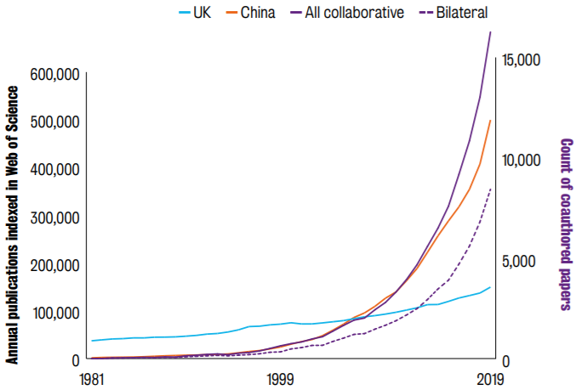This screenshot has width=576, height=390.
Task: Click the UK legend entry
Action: [x=195, y=13]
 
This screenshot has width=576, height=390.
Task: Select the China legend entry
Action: [x=250, y=13]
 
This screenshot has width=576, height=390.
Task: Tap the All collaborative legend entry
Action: [x=347, y=13]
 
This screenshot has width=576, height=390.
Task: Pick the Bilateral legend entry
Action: [x=453, y=13]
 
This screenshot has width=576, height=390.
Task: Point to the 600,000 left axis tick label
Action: [x=54, y=75]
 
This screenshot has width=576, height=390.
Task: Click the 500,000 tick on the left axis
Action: [x=54, y=122]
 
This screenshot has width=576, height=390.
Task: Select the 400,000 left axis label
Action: [x=54, y=170]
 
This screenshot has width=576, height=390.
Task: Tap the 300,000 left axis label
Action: [x=54, y=218]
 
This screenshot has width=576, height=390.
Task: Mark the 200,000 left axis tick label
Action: [x=54, y=265]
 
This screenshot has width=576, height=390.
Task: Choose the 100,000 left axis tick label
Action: [x=56, y=313]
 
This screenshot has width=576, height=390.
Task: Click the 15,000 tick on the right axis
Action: [x=522, y=60]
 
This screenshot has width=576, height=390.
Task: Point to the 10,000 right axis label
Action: [x=522, y=161]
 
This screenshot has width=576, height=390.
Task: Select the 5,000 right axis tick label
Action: [x=519, y=261]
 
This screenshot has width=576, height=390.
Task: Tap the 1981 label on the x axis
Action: [x=92, y=379]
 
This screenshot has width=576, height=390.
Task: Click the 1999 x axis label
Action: [x=281, y=379]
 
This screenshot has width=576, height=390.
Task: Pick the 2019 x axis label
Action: [x=490, y=379]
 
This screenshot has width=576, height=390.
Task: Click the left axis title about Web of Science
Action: [x=12, y=225]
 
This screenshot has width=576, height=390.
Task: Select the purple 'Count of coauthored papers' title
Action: [x=566, y=224]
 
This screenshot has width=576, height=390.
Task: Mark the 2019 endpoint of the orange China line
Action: [x=490, y=120]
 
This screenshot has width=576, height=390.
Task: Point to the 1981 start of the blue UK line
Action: [x=92, y=341]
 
